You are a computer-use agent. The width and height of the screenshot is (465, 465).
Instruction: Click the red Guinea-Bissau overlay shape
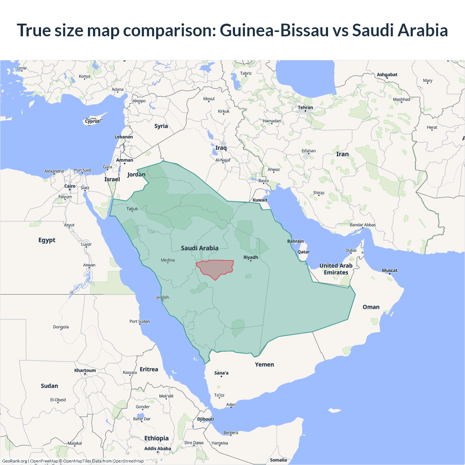215,268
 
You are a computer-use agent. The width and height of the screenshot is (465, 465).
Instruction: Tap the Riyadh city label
251,257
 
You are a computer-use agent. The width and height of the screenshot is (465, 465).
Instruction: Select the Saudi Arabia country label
200,248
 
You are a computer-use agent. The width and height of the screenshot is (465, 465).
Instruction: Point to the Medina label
167,260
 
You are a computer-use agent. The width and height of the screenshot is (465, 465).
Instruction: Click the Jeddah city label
162,297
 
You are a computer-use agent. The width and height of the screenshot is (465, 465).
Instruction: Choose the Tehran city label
305,108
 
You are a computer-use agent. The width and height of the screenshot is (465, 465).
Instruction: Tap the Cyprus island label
92,121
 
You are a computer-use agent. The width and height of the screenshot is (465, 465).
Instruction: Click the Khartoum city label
85,371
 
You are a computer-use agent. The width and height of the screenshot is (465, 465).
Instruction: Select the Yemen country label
264,364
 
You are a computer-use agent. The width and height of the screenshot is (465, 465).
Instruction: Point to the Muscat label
389,270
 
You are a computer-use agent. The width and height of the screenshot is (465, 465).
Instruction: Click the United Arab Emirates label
336,269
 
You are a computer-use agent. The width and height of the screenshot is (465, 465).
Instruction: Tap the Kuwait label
260,200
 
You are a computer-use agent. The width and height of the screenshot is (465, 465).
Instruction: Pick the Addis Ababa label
158,449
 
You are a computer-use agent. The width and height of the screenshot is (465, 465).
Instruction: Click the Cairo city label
70,186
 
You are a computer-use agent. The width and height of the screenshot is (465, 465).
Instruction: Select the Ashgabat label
387,74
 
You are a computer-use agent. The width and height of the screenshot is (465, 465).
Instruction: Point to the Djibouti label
206,419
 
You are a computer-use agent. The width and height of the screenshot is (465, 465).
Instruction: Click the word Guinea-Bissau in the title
274,30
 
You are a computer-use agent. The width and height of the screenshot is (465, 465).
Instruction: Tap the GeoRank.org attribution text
15,461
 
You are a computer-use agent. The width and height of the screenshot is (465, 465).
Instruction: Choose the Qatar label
304,252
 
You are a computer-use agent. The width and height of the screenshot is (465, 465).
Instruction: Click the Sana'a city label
221,373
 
